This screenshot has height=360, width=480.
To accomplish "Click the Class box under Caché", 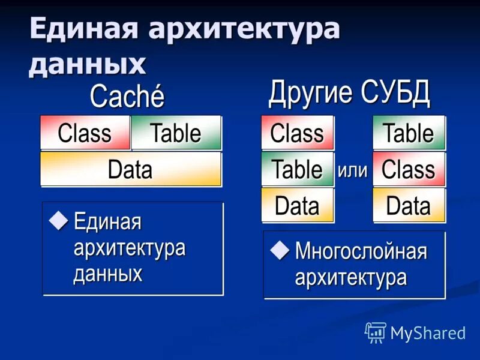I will (85, 133).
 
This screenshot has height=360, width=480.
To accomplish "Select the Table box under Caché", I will (176, 133).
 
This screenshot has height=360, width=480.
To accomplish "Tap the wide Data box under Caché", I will (130, 169).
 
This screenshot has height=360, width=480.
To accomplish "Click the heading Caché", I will (127, 97).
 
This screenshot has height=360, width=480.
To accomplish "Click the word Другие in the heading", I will (311, 94).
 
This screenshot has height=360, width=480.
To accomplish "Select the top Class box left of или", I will (297, 133).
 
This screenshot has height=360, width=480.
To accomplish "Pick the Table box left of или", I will (297, 169).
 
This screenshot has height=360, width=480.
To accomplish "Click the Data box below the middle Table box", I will (297, 206).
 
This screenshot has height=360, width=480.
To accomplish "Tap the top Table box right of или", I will (409, 133).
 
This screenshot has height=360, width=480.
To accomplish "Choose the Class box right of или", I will (409, 169).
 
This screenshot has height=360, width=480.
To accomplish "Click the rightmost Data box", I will (409, 206).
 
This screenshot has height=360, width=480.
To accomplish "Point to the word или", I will (353, 170).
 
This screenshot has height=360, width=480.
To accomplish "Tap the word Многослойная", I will (361, 251).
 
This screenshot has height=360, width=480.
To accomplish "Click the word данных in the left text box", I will (108, 274).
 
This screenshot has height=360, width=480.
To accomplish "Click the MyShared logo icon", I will (376, 332).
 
